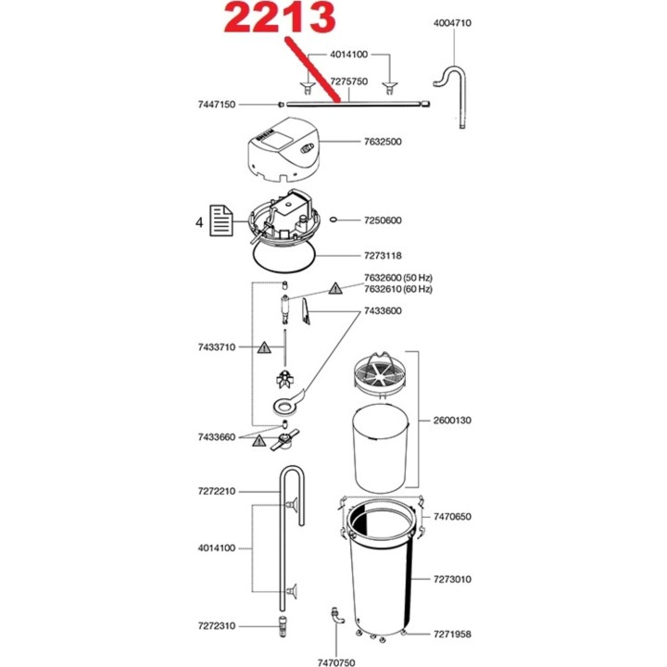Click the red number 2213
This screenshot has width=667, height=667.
pyautogui.click(x=277, y=20)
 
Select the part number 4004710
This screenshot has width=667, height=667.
pyautogui.click(x=452, y=22)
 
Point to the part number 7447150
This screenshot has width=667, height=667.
pyautogui.click(x=216, y=106)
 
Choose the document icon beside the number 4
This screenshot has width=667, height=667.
pyautogui.click(x=220, y=221)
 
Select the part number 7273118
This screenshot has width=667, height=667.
pyautogui.click(x=382, y=255)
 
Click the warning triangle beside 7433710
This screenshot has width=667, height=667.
pyautogui.click(x=264, y=347)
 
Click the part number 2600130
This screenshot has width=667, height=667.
pyautogui.click(x=452, y=420)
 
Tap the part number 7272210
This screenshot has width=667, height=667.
pyautogui.click(x=216, y=491)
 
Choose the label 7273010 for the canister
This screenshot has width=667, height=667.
pyautogui.click(x=452, y=579)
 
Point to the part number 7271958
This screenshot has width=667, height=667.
pyautogui.click(x=452, y=634)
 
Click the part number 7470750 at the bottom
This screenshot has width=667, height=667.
pyautogui.click(x=334, y=662)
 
